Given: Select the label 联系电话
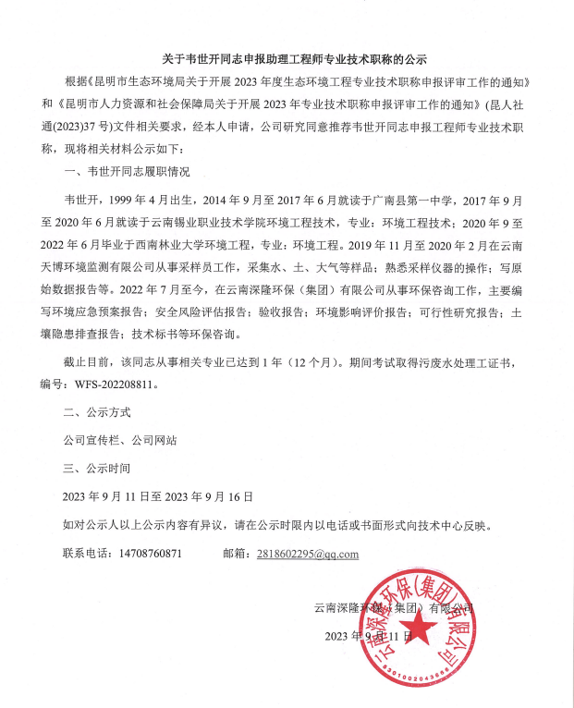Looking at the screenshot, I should point(86,553).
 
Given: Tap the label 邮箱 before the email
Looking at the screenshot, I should point(238,553).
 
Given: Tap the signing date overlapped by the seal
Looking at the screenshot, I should point(369,637).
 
